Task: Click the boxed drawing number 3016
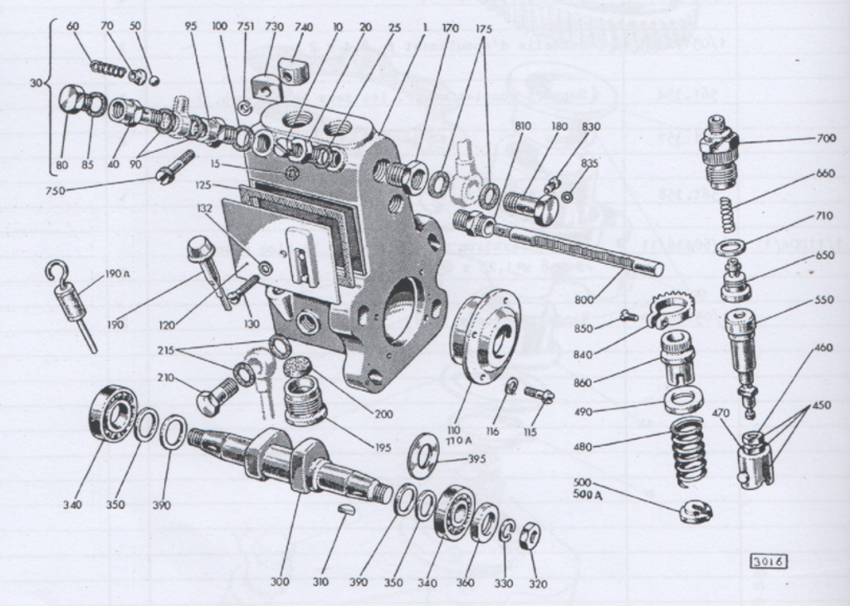[769, 562]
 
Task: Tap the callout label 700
[825, 138]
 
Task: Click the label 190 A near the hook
[117, 275]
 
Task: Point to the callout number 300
[280, 582]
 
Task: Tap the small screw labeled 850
[628, 315]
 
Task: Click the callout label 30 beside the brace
[34, 83]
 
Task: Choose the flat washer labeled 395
[424, 456]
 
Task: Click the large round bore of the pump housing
[403, 312]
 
